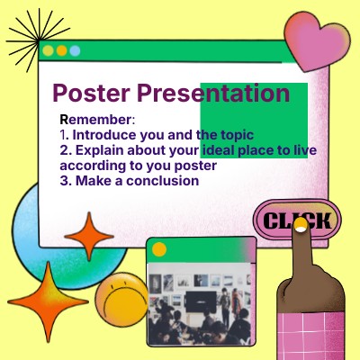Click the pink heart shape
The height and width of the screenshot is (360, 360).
(x=318, y=40)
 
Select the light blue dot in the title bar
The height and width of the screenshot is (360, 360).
(x=75, y=51)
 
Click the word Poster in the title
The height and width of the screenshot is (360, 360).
(x=90, y=94)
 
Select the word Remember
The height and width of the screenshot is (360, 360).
(x=95, y=120)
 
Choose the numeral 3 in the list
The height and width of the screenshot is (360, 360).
(x=64, y=181)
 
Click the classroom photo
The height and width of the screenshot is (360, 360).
(x=200, y=305)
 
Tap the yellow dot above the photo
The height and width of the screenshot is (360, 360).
(x=159, y=249)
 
